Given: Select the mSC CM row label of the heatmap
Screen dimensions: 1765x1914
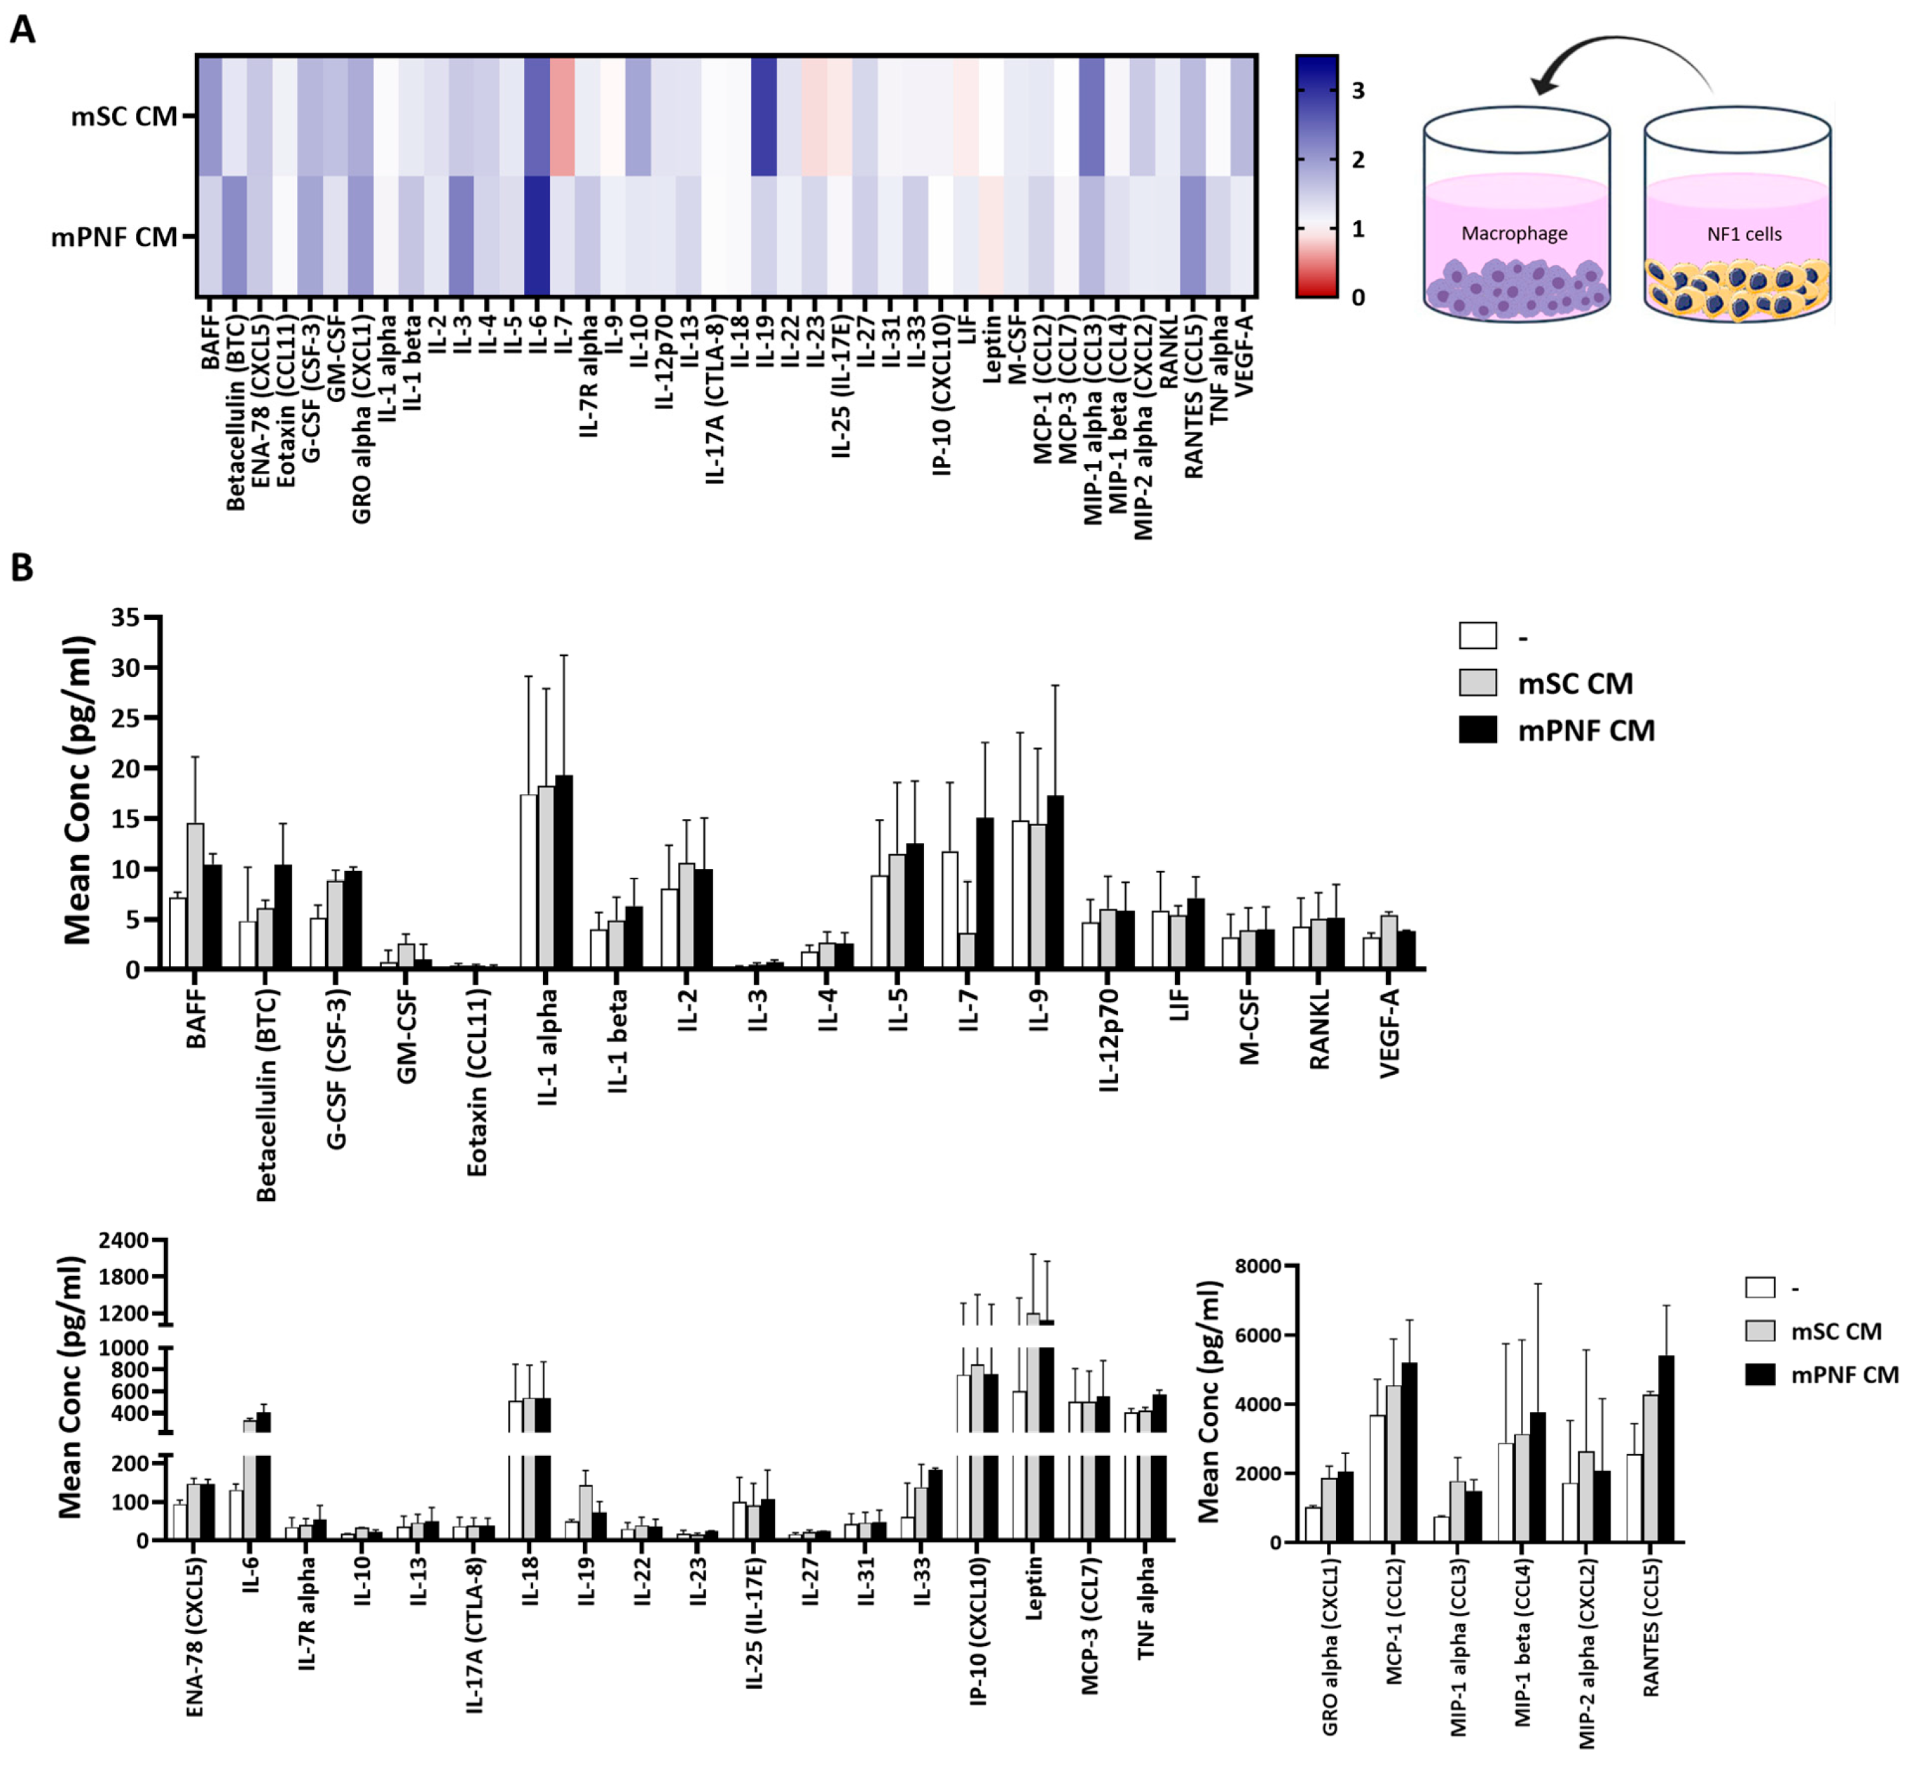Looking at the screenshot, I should [123, 116].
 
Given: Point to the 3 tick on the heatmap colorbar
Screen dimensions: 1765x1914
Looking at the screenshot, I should [1357, 90].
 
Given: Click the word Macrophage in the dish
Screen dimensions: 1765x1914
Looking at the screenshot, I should [1514, 233].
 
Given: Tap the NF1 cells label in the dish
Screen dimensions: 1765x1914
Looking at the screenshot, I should [1744, 234].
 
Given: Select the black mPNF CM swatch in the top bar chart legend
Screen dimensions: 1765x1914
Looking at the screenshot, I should [1478, 729].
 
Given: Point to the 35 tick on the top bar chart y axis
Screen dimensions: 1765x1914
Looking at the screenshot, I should [125, 618].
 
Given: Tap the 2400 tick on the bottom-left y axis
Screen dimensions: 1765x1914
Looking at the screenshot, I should [124, 1241].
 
